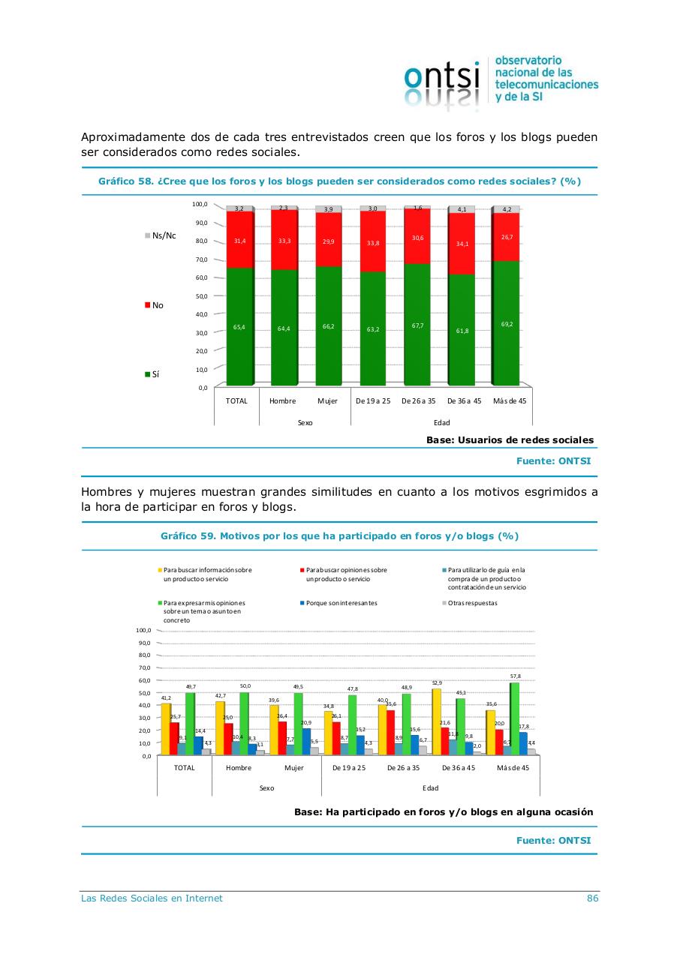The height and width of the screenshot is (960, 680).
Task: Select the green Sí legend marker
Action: point(147,374)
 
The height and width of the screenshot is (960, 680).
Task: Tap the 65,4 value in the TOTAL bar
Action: point(238,328)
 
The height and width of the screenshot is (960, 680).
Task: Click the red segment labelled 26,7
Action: point(507,237)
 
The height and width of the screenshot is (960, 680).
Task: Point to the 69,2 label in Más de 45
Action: point(507,324)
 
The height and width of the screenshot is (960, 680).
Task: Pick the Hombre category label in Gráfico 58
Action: point(282,401)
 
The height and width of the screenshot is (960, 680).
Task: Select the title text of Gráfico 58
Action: point(339,181)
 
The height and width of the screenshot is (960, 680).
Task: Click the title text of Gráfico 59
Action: point(339,536)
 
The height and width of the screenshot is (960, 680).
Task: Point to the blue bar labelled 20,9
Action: point(305,742)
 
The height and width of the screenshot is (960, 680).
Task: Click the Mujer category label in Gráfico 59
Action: point(294,768)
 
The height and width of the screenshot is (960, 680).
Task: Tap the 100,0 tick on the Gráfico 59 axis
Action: point(142,630)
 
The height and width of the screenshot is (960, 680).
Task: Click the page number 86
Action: point(592,898)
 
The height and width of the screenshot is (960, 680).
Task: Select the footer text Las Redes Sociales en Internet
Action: point(152,898)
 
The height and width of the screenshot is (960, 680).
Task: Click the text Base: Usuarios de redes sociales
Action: point(510,440)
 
